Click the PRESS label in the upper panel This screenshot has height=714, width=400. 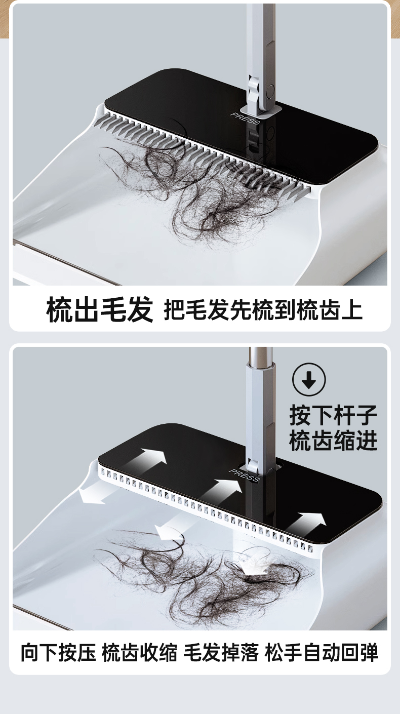245,118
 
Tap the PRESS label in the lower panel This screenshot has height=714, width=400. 244,475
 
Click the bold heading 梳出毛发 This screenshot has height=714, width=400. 100,309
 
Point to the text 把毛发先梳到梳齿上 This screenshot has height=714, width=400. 263,310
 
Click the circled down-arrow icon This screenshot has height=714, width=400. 309,380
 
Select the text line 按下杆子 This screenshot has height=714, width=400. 333,415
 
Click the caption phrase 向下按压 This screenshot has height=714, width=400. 58,652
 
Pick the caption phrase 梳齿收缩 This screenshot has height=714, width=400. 140,652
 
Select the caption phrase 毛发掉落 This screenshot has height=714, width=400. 221,652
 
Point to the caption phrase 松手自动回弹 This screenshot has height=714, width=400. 322,652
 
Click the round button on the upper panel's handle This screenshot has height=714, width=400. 270,92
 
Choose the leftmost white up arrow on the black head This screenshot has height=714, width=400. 149,459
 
